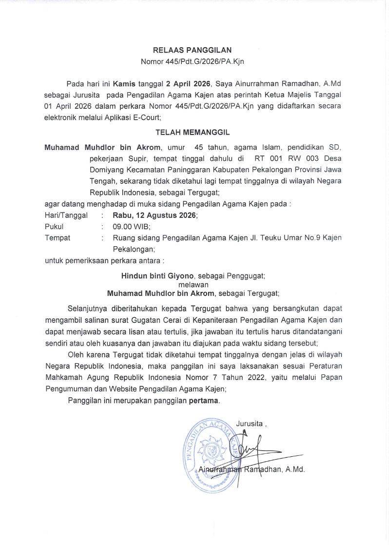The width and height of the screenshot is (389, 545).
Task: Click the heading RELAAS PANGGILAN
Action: [192, 50]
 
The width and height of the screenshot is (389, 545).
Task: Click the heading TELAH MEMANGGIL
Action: [192, 132]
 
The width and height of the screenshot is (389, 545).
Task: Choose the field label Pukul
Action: [54, 227]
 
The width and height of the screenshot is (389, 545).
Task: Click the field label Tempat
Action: [58, 238]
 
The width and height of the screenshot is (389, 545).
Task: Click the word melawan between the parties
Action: [193, 284]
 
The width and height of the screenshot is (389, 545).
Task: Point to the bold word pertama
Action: [204, 401]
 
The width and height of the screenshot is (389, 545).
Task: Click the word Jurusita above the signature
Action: [249, 423]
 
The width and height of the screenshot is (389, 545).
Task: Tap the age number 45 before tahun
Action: [199, 147]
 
